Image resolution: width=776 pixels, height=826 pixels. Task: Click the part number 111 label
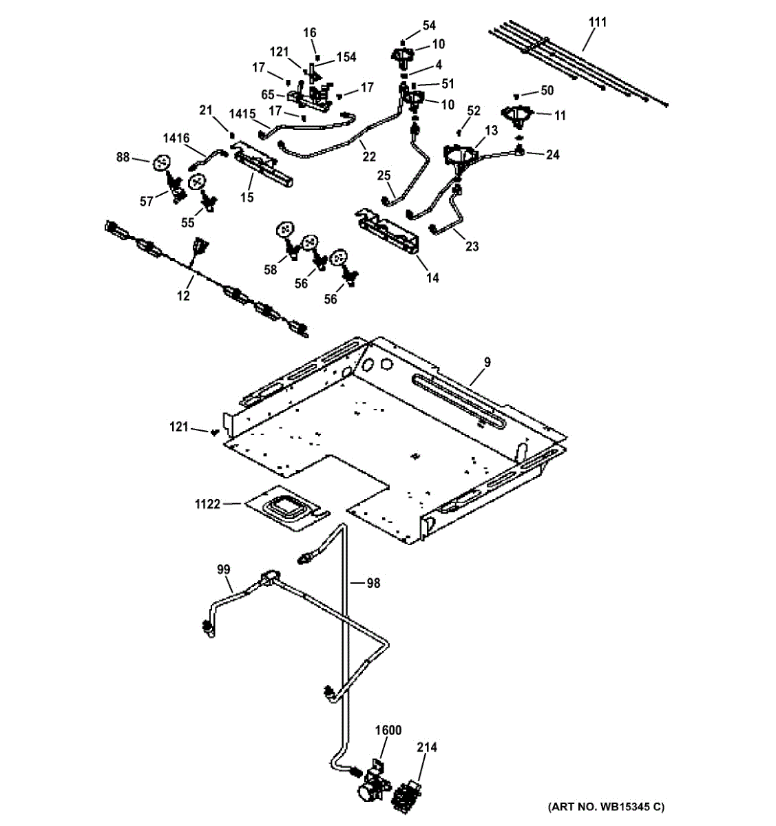[x=598, y=22]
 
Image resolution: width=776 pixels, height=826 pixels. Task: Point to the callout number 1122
[x=208, y=504]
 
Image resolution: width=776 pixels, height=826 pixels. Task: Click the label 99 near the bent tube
[x=224, y=569]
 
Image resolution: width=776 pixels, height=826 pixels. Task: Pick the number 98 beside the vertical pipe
[x=373, y=583]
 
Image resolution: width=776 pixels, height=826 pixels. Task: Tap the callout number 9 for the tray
[x=487, y=362]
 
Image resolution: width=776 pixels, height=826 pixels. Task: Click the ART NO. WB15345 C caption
[x=606, y=807]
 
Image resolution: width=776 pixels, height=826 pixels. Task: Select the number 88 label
[x=123, y=157]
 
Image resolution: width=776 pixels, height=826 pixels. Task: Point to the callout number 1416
[x=176, y=138]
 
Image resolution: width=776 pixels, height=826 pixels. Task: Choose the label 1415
[x=242, y=114]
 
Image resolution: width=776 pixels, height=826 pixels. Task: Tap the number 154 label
[x=346, y=57]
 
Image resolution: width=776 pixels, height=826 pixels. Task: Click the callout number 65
[x=268, y=95]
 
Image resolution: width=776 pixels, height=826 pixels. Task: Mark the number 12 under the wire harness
[x=183, y=296]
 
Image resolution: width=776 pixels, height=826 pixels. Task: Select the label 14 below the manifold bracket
[x=432, y=277]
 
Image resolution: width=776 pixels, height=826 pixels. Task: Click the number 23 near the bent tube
[x=472, y=246]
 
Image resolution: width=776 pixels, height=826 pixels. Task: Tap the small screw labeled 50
[x=516, y=96]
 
